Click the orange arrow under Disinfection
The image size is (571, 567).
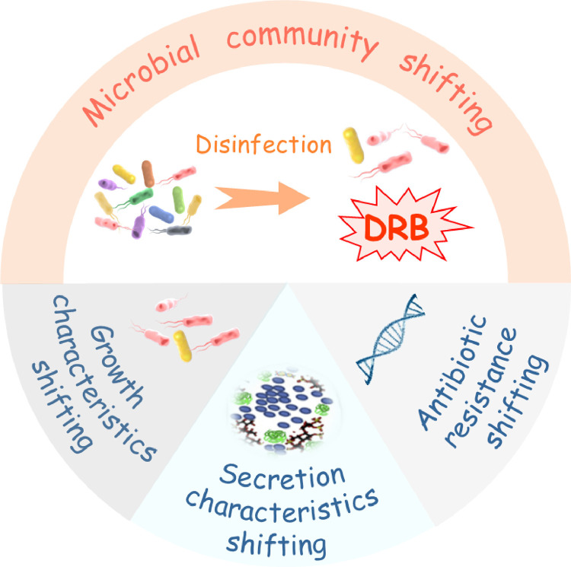click(262, 198)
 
